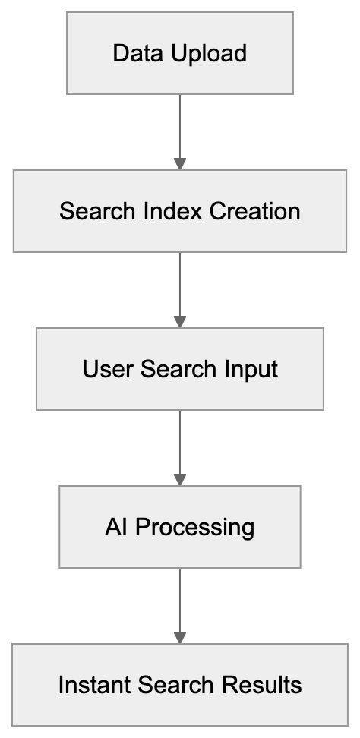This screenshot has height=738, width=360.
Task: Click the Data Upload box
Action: [179, 53]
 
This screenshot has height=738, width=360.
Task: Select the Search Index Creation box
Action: [179, 210]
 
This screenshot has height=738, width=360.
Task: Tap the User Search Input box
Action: [179, 369]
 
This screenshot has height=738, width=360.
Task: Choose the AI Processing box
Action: [179, 527]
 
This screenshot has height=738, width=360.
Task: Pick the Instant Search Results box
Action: [179, 685]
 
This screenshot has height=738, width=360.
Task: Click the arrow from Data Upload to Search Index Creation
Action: [179, 129]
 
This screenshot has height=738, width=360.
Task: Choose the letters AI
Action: [116, 527]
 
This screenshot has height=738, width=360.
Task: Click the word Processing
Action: [194, 528]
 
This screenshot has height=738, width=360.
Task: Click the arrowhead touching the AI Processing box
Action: [179, 479]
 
